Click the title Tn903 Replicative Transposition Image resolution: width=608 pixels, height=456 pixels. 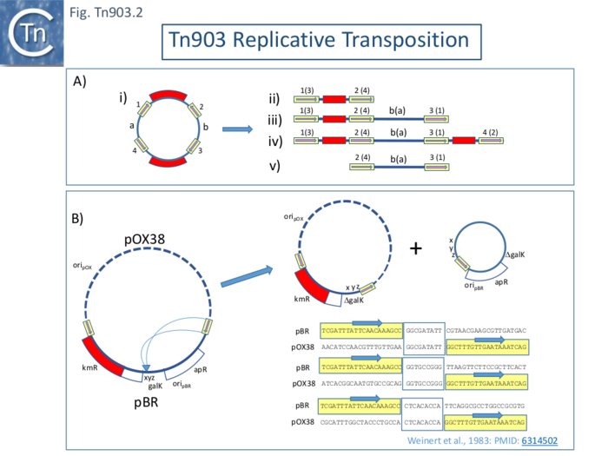point(321,41)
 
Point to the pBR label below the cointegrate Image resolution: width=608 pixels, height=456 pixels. point(144,403)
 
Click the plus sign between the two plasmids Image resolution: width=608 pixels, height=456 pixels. point(416,248)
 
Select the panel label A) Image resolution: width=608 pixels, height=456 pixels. point(80,82)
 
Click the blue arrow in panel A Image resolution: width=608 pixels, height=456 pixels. point(236,129)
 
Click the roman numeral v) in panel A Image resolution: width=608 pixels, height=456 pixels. point(276,166)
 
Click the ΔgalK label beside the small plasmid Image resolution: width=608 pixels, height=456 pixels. point(519,253)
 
